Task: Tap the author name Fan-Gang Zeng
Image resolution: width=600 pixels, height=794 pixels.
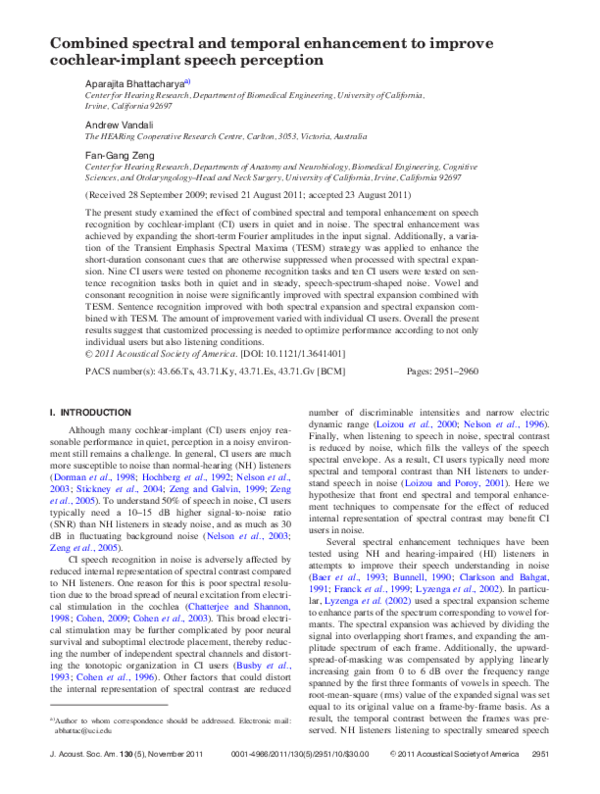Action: pos(116,154)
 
